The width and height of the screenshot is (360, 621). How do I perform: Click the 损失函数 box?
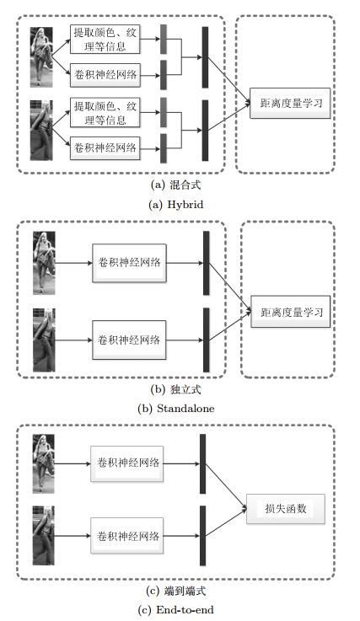(x=286, y=509)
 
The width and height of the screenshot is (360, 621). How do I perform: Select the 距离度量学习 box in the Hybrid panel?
(x=290, y=103)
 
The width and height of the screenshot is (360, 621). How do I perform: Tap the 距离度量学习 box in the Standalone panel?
(x=291, y=312)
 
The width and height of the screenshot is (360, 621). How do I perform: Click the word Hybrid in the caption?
(x=185, y=205)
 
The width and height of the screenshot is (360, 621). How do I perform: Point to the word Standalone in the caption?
(x=185, y=409)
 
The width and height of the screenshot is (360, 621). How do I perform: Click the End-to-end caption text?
(x=175, y=610)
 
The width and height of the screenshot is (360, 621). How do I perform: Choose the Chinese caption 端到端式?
(x=185, y=591)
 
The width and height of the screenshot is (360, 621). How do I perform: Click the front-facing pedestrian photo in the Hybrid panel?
(x=41, y=57)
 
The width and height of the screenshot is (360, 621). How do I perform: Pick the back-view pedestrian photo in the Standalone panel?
(x=44, y=340)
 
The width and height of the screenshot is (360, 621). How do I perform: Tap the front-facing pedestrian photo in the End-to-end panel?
(x=43, y=463)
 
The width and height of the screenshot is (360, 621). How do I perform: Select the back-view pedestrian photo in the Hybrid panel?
(x=41, y=131)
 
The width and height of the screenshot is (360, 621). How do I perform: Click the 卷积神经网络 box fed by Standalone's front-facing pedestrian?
(x=129, y=263)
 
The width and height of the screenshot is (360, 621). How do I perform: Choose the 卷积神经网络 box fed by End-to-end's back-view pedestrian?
(x=126, y=536)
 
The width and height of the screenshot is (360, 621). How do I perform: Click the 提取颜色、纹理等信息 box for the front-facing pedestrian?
(x=105, y=40)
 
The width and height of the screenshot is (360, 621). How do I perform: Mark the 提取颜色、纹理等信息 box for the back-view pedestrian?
(x=105, y=113)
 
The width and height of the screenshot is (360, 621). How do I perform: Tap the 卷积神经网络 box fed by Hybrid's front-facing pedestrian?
(x=105, y=74)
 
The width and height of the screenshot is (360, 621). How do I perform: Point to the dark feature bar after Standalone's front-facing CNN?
(x=207, y=263)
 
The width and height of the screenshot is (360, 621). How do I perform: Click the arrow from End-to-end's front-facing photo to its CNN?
(x=73, y=463)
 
